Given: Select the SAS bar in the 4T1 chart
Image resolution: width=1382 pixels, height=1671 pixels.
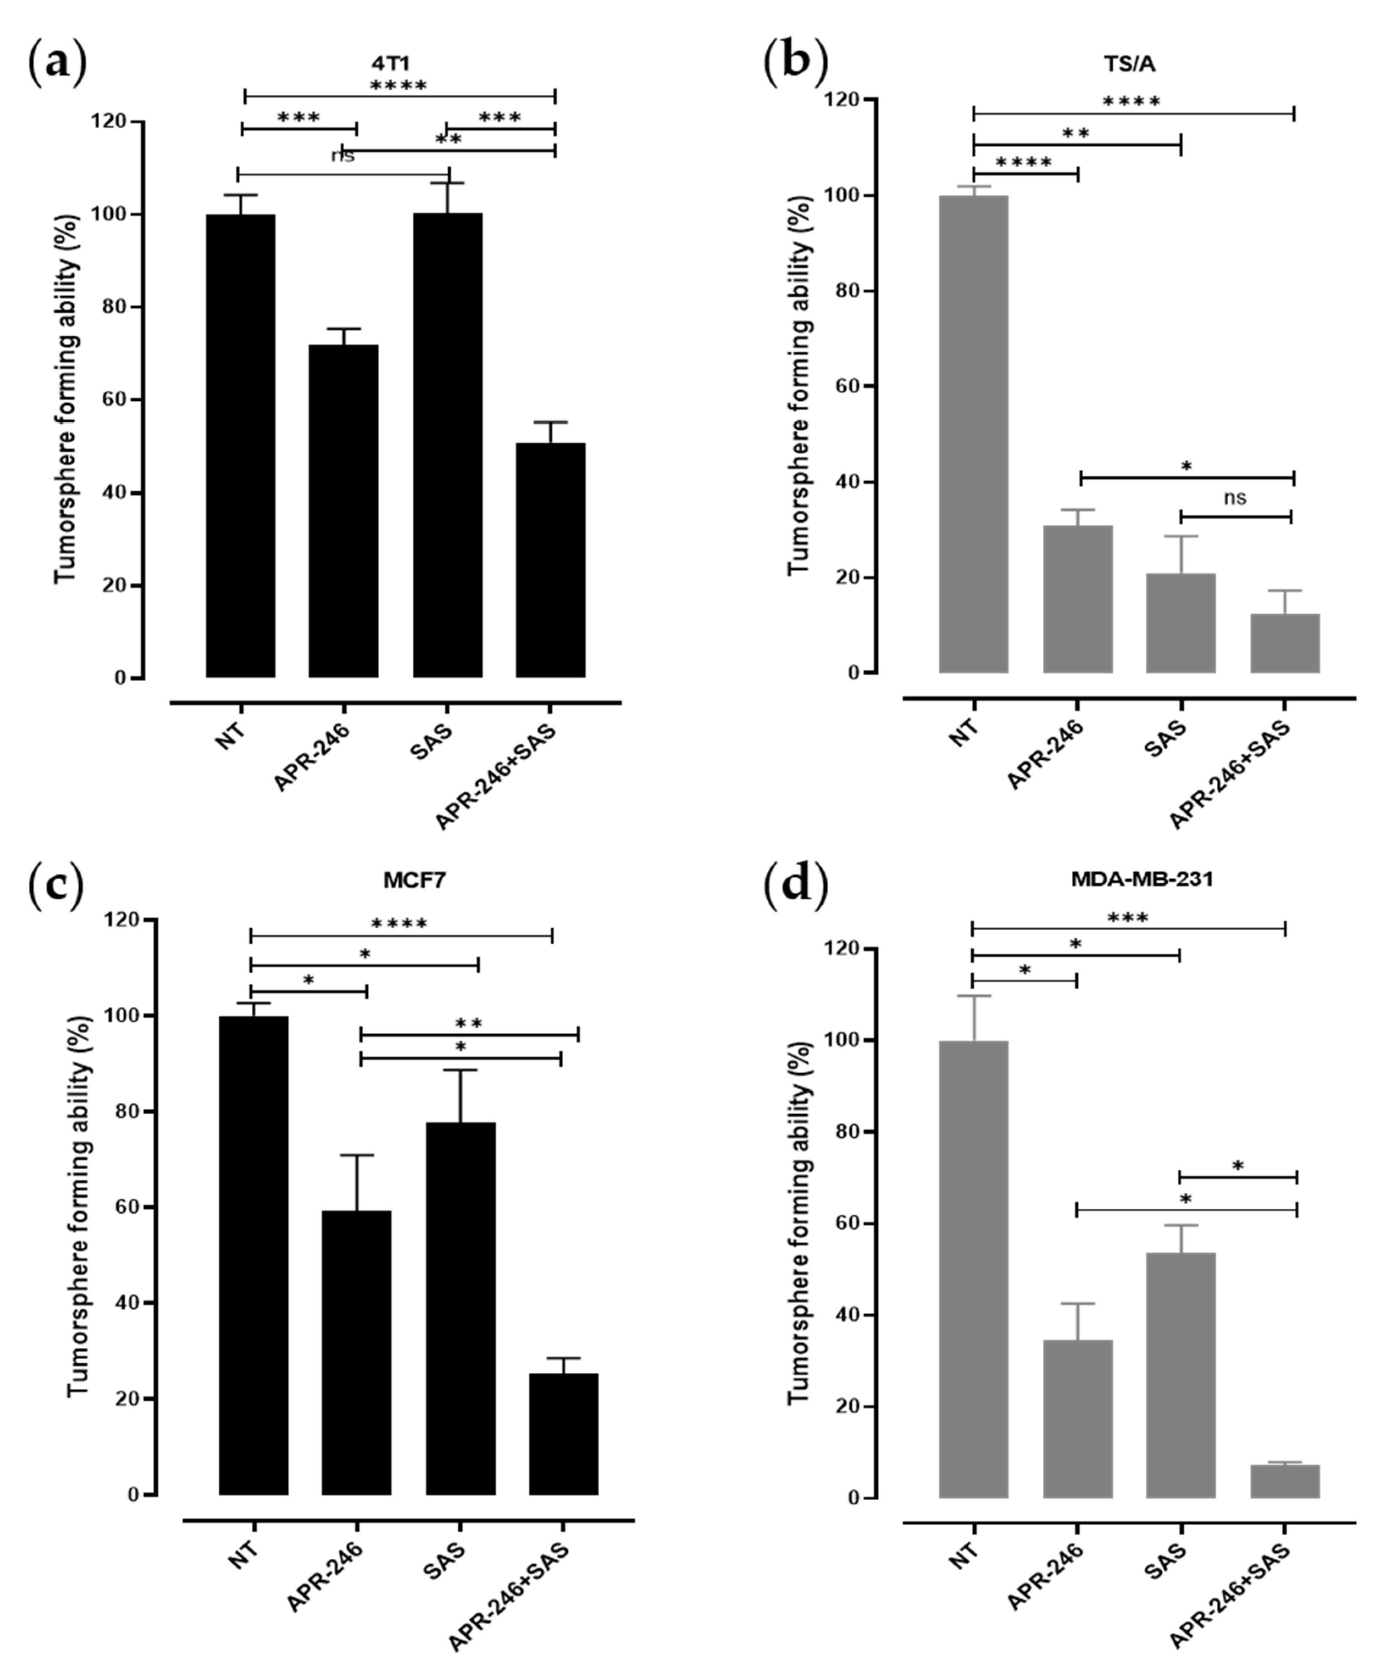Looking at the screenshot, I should [x=447, y=446].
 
